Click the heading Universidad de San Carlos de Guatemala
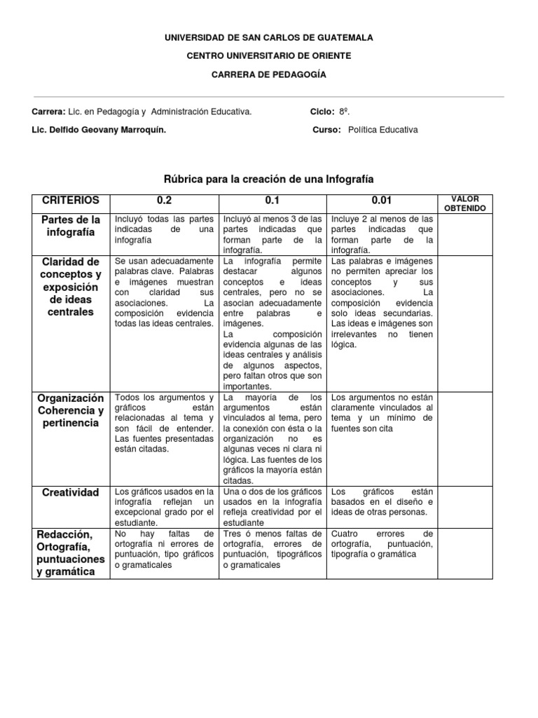click(x=268, y=37)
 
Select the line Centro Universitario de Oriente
click(x=268, y=55)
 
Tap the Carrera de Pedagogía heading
click(x=268, y=74)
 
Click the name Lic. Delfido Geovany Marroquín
click(x=99, y=130)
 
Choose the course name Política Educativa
click(x=382, y=130)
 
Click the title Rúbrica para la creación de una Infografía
click(x=268, y=179)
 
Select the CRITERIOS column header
click(x=71, y=200)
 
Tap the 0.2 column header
click(x=164, y=200)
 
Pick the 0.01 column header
click(x=381, y=200)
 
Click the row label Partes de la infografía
click(x=71, y=226)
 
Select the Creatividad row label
click(x=71, y=493)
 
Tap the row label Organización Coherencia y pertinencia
click(x=71, y=411)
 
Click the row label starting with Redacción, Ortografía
click(x=71, y=554)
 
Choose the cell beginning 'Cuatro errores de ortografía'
click(x=382, y=544)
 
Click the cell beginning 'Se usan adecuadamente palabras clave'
click(x=164, y=292)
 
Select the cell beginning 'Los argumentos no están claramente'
click(x=382, y=412)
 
